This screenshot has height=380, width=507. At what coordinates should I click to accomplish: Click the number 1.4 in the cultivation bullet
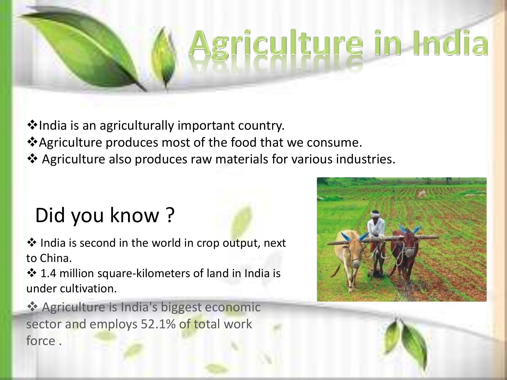click(x=48, y=273)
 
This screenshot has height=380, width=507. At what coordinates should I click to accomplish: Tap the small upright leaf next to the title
click(x=165, y=60)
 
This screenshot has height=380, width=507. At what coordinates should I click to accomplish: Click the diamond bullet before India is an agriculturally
click(x=32, y=125)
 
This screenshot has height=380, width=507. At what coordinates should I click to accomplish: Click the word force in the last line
click(x=41, y=341)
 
